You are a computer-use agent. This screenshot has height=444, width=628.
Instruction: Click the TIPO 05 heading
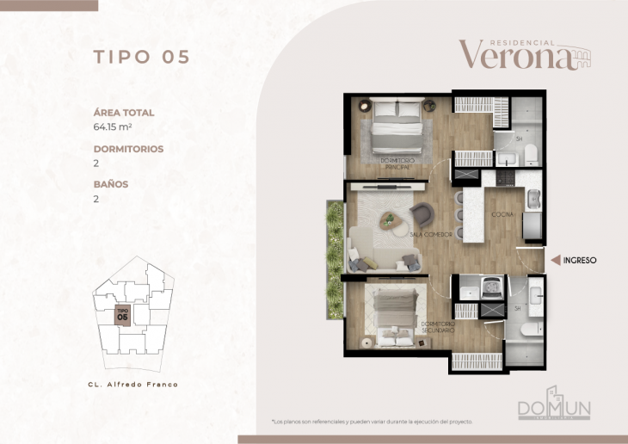point(141,58)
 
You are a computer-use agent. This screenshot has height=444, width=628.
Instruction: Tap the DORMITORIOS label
point(128,149)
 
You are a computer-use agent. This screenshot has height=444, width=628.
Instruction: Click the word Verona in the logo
point(515,56)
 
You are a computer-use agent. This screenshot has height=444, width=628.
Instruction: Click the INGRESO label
point(580,259)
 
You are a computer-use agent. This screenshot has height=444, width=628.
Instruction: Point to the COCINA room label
point(502,214)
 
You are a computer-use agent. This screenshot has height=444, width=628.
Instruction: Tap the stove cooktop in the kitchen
point(501,177)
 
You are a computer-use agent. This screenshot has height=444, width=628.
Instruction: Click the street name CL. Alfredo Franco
point(133,384)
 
